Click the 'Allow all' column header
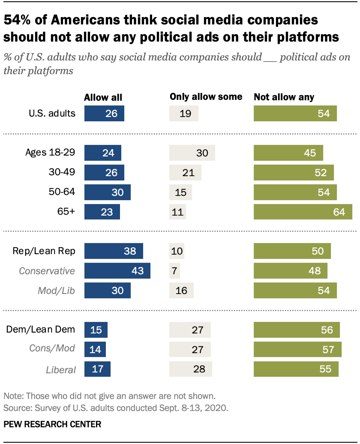(103, 97)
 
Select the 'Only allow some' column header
(206, 97)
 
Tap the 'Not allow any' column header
(284, 97)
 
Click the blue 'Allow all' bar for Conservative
(117, 271)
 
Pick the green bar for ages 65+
(303, 212)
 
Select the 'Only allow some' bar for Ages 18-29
(192, 153)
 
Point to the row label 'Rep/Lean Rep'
(47, 251)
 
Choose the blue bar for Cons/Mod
(95, 349)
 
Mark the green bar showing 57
(298, 349)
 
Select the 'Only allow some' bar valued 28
(191, 369)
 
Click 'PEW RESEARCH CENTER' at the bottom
(52, 424)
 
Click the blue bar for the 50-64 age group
(108, 192)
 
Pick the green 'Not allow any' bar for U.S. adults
(295, 114)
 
